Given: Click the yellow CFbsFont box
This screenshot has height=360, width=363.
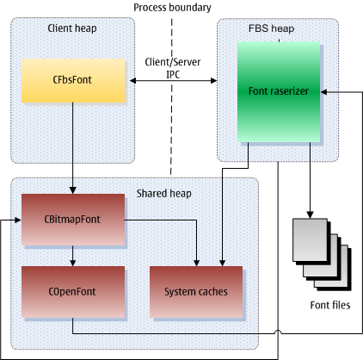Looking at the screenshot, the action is click(x=73, y=81).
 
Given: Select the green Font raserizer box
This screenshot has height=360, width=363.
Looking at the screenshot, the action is click(x=279, y=91).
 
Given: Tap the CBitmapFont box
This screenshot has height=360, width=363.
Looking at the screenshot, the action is click(x=73, y=220).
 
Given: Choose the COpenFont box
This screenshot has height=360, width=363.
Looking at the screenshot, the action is click(x=73, y=292).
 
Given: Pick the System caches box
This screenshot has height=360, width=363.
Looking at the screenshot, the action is click(x=196, y=292).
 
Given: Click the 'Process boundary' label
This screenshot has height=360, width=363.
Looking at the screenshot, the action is click(x=172, y=8).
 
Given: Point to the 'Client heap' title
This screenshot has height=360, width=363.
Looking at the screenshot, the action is click(x=72, y=28).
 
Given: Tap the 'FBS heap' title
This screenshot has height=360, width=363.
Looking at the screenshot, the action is click(x=271, y=28).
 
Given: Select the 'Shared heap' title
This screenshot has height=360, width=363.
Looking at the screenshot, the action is click(x=163, y=194).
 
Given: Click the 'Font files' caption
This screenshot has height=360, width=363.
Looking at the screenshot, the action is click(x=330, y=305).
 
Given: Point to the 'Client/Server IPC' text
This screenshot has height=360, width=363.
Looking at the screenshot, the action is click(x=173, y=68).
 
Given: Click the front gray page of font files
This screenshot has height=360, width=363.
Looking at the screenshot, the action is click(x=310, y=240).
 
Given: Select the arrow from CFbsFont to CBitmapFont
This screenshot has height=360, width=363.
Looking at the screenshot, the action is click(x=73, y=148).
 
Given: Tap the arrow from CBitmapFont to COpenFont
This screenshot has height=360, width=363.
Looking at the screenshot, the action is click(x=73, y=256).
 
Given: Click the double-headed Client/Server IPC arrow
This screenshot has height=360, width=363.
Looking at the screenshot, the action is click(x=174, y=81).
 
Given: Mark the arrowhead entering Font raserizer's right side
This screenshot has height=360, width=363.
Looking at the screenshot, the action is click(x=323, y=92).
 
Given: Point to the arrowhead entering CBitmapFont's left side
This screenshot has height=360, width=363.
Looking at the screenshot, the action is click(x=18, y=220).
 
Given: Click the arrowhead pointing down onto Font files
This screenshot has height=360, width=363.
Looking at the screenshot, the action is click(x=310, y=215).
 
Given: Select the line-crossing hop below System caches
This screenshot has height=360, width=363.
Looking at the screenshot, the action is click(x=278, y=332).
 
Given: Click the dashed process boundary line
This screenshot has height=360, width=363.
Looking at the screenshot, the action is click(x=171, y=96).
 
